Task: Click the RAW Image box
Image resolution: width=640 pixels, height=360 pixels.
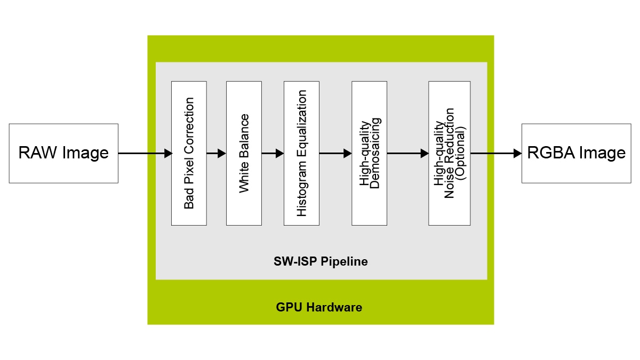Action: (x=63, y=154)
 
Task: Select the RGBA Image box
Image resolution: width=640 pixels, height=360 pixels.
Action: (x=576, y=154)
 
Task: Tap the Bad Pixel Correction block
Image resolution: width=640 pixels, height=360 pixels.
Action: (x=189, y=154)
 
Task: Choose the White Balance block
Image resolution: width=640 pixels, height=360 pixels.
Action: (x=244, y=154)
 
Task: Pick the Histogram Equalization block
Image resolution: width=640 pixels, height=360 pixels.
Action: (x=301, y=154)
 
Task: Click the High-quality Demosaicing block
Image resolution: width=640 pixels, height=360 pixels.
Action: (x=369, y=154)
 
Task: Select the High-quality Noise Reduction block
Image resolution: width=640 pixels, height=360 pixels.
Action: (x=449, y=154)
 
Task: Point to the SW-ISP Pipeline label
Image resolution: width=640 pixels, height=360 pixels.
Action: (x=321, y=262)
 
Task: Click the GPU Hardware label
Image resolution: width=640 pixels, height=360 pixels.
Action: (x=319, y=308)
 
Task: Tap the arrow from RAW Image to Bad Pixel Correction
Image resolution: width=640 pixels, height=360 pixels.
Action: (x=145, y=154)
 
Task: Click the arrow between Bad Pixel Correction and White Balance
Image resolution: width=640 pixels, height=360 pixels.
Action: (x=216, y=154)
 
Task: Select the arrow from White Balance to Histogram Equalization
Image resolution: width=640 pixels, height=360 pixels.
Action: (x=273, y=154)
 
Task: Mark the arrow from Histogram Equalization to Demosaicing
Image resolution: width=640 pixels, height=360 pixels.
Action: (x=335, y=154)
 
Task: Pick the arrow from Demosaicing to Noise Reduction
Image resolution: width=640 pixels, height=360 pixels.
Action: (x=407, y=154)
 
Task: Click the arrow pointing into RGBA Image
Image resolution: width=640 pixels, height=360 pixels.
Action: (x=495, y=154)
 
